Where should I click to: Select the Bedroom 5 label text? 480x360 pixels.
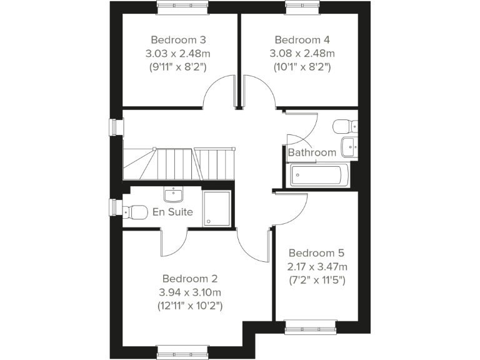tap(316, 253)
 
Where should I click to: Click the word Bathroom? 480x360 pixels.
tap(312, 152)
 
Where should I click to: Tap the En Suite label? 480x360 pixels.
tap(172, 212)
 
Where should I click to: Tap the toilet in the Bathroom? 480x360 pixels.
tap(342, 127)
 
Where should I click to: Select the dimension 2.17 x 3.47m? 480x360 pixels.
tap(316, 267)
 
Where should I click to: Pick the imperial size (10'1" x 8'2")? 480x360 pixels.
tap(302, 66)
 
